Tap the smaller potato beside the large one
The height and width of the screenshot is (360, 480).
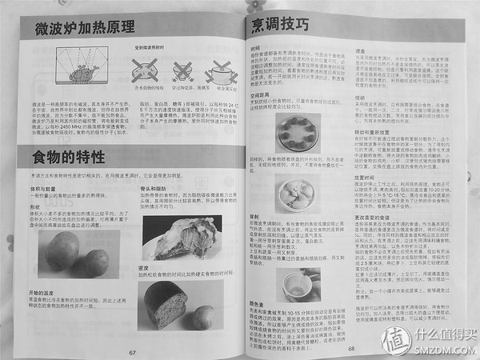click(95, 262)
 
